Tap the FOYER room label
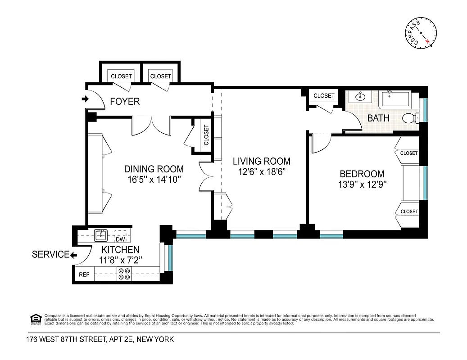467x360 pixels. [x=125, y=102]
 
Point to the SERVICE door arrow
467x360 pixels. [x=73, y=255]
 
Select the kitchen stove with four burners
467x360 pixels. [x=124, y=274]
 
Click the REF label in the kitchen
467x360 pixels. [x=84, y=274]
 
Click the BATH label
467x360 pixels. [x=379, y=119]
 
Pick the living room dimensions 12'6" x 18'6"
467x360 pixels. [x=261, y=171]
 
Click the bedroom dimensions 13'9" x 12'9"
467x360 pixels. [x=362, y=184]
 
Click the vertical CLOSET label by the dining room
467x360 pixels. [x=206, y=135]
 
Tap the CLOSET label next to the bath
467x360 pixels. [x=324, y=95]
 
